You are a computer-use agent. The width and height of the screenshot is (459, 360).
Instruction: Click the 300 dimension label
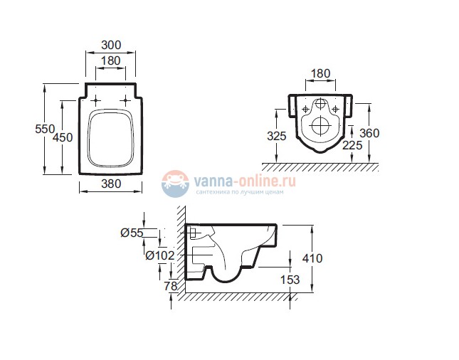pos(111,45)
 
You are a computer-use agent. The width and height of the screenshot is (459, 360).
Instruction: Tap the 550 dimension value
pos(45,129)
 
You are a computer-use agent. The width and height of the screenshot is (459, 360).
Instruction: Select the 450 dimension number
pos(63,137)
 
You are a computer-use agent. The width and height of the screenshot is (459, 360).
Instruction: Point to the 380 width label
pos(111,184)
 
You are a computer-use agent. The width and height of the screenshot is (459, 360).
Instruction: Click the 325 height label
pos(277,136)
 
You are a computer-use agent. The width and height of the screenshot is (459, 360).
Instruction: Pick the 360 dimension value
pos(369,133)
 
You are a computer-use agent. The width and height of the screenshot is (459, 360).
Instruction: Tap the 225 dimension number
pos(352,145)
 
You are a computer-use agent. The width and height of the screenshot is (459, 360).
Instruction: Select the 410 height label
pos(312,258)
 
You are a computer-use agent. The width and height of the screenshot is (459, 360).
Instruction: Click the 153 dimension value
pos(290,280)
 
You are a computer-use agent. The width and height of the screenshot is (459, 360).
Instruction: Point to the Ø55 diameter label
pos(132,233)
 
